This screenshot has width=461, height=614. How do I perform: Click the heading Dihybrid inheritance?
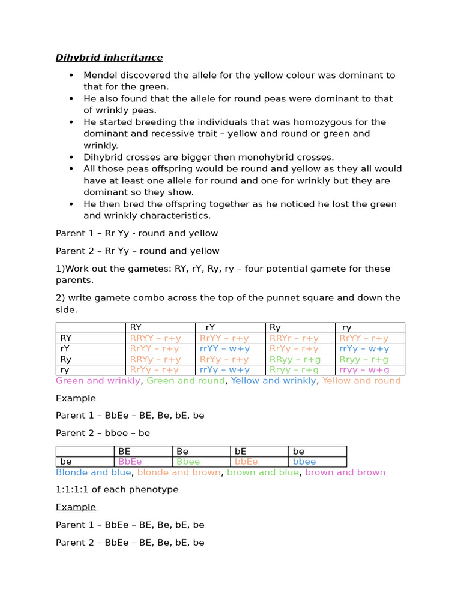click(109, 58)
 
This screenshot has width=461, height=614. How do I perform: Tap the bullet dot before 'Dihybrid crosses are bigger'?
click(71, 158)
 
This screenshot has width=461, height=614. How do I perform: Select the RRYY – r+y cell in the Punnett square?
click(155, 338)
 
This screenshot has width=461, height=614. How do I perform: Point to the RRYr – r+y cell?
click(294, 338)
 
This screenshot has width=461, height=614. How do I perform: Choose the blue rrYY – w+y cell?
click(224, 348)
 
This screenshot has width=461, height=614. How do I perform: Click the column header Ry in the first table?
click(275, 327)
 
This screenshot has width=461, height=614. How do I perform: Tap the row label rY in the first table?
click(65, 348)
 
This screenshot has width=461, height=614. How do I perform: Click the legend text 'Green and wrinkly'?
click(98, 381)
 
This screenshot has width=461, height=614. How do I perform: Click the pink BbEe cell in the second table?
click(130, 462)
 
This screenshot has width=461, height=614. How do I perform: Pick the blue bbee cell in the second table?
click(304, 462)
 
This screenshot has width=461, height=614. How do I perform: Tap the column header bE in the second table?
click(241, 451)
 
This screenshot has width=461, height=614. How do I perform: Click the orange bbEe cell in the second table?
click(246, 462)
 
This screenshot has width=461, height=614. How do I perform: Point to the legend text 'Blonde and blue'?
click(94, 472)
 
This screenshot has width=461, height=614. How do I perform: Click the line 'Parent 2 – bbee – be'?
click(103, 433)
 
